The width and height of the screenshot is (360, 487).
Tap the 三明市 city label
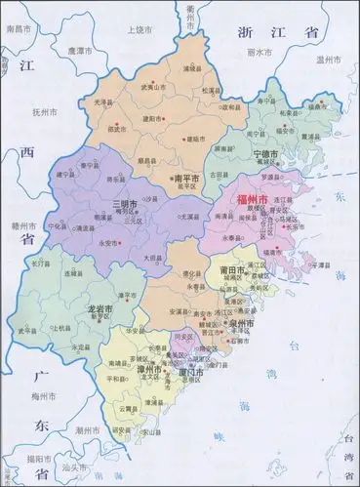(124, 203)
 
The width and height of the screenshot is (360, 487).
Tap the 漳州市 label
(151, 372)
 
